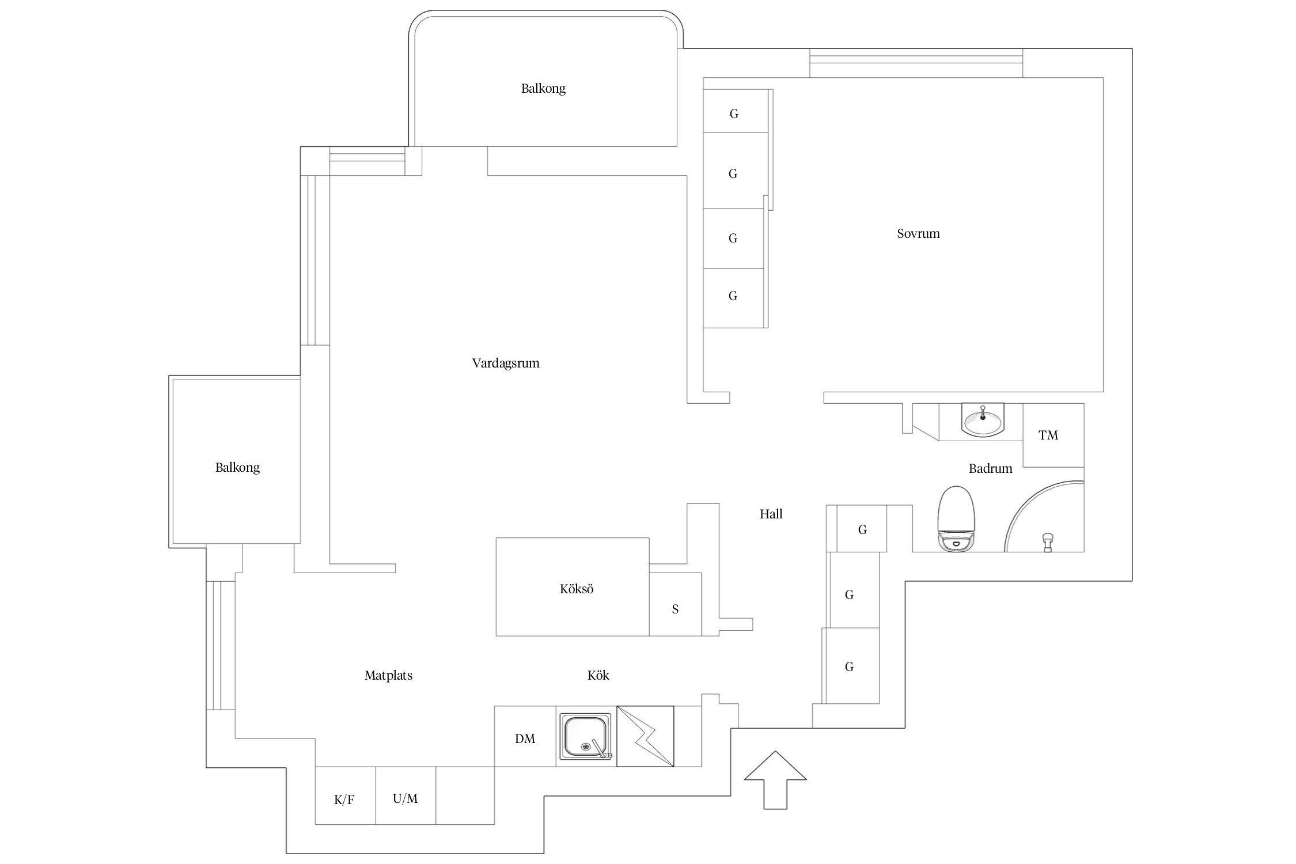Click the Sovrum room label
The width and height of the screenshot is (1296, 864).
click(918, 233)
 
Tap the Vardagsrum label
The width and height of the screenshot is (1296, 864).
click(506, 363)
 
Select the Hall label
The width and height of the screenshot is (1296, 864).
click(771, 514)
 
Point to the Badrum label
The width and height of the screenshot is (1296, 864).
click(990, 468)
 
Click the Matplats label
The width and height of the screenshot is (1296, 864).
click(388, 675)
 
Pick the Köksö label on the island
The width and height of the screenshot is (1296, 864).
click(576, 589)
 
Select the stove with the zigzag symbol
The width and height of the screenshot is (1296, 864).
click(645, 737)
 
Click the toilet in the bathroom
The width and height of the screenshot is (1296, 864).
click(956, 518)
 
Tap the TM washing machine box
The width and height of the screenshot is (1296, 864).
click(1048, 435)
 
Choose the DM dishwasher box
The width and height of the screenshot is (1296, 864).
click(525, 738)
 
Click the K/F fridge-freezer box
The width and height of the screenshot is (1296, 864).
click(344, 799)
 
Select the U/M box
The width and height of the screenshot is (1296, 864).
click(406, 798)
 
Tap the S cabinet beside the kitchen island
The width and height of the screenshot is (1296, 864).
click(675, 609)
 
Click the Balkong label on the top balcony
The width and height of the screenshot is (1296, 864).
click(543, 88)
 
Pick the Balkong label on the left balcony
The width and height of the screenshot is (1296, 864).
click(237, 467)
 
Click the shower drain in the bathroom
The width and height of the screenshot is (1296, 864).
click(1048, 542)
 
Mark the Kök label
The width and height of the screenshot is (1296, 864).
click(598, 675)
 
